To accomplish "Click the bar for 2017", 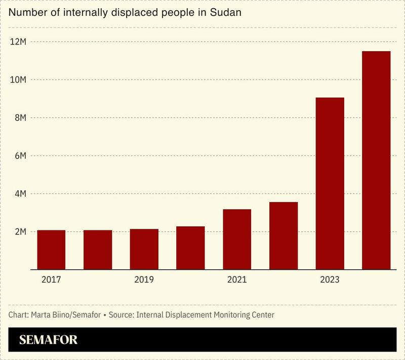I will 51,250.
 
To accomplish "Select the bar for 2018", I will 98,250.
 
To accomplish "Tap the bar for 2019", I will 144,249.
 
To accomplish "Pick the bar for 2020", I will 190,248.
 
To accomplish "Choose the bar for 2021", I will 236,239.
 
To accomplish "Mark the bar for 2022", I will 283,235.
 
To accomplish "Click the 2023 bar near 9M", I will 330,183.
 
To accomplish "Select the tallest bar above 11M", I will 376,160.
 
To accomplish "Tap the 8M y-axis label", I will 20,118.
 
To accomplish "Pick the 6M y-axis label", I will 20,156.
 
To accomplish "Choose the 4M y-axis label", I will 20,194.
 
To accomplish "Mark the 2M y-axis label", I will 20,232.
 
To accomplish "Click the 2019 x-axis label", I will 144,279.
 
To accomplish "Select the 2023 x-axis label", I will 330,279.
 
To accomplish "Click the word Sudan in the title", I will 227,12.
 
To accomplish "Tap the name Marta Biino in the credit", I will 50,315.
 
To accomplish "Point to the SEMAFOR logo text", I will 48,340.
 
